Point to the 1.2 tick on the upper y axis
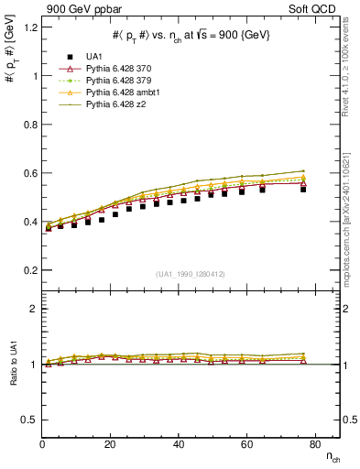[x=30, y=27]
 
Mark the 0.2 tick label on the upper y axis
[x=30, y=270]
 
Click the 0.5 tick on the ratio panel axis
[x=30, y=420]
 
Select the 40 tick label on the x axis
[x=178, y=444]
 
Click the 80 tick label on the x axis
[x=314, y=444]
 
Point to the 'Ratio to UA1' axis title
[x=13, y=377]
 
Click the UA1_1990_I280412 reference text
[x=191, y=274]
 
